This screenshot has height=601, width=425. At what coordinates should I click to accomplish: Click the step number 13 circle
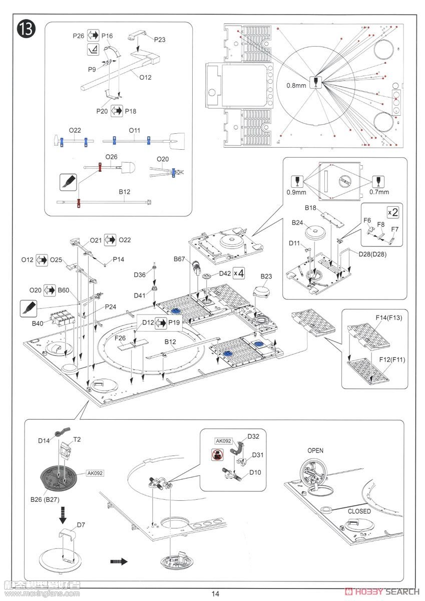(27, 29)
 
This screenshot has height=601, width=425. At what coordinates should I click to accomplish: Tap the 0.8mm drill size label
(296, 85)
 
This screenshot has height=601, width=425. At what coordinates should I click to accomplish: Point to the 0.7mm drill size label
(379, 191)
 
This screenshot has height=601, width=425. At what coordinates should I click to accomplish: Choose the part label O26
(111, 157)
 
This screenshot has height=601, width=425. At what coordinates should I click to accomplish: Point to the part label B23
(266, 276)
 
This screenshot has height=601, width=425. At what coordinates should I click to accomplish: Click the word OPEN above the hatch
(315, 450)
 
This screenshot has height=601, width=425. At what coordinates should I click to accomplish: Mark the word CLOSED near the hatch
(359, 511)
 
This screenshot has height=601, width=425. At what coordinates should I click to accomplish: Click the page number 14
(215, 594)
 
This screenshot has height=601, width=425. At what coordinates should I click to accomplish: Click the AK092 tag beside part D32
(223, 441)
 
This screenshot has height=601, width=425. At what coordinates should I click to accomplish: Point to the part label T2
(77, 438)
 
